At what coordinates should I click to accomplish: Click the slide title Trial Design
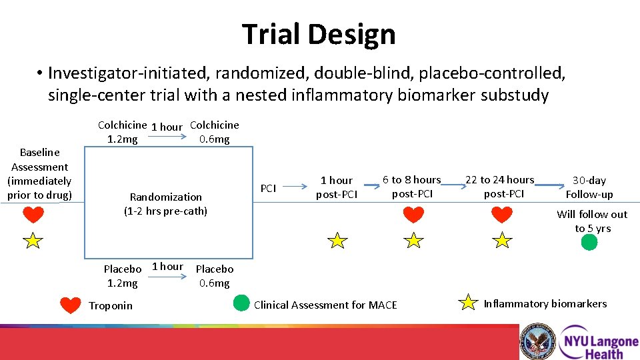pyautogui.click(x=319, y=34)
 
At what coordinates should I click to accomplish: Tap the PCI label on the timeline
pyautogui.click(x=268, y=189)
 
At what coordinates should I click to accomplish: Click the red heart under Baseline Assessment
pyautogui.click(x=33, y=215)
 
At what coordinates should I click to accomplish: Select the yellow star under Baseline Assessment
pyautogui.click(x=33, y=241)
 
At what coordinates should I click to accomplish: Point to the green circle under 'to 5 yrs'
pyautogui.click(x=589, y=242)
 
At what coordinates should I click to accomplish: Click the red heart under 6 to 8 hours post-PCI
pyautogui.click(x=413, y=215)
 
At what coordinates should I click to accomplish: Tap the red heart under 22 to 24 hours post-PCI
pyautogui.click(x=501, y=215)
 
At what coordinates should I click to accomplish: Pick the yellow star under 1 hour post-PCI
pyautogui.click(x=338, y=241)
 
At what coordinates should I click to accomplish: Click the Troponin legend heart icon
pyautogui.click(x=71, y=305)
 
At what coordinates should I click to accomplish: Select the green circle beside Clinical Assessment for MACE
pyautogui.click(x=241, y=304)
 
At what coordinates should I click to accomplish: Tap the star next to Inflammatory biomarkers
pyautogui.click(x=470, y=303)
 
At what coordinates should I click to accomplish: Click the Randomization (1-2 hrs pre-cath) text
pyautogui.click(x=165, y=204)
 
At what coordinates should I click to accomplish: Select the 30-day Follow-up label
pyautogui.click(x=589, y=187)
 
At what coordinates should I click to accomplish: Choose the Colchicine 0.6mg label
pyautogui.click(x=214, y=132)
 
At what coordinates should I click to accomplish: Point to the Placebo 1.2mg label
pyautogui.click(x=123, y=276)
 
